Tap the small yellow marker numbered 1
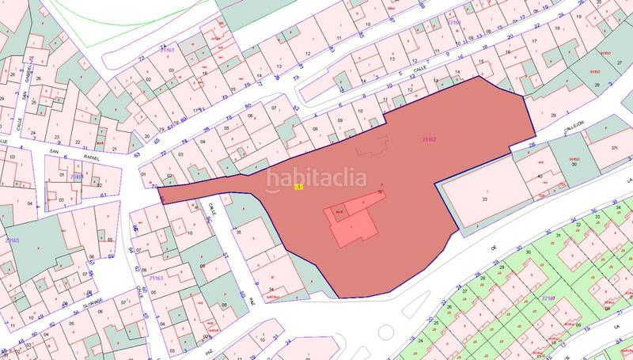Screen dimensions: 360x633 pos(298,187)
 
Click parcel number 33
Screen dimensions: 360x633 pos(483,201)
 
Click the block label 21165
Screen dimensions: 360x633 pos(12,239)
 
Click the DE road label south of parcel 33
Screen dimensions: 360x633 pos(494,247)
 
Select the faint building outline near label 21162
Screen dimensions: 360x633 pos(371,146)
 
